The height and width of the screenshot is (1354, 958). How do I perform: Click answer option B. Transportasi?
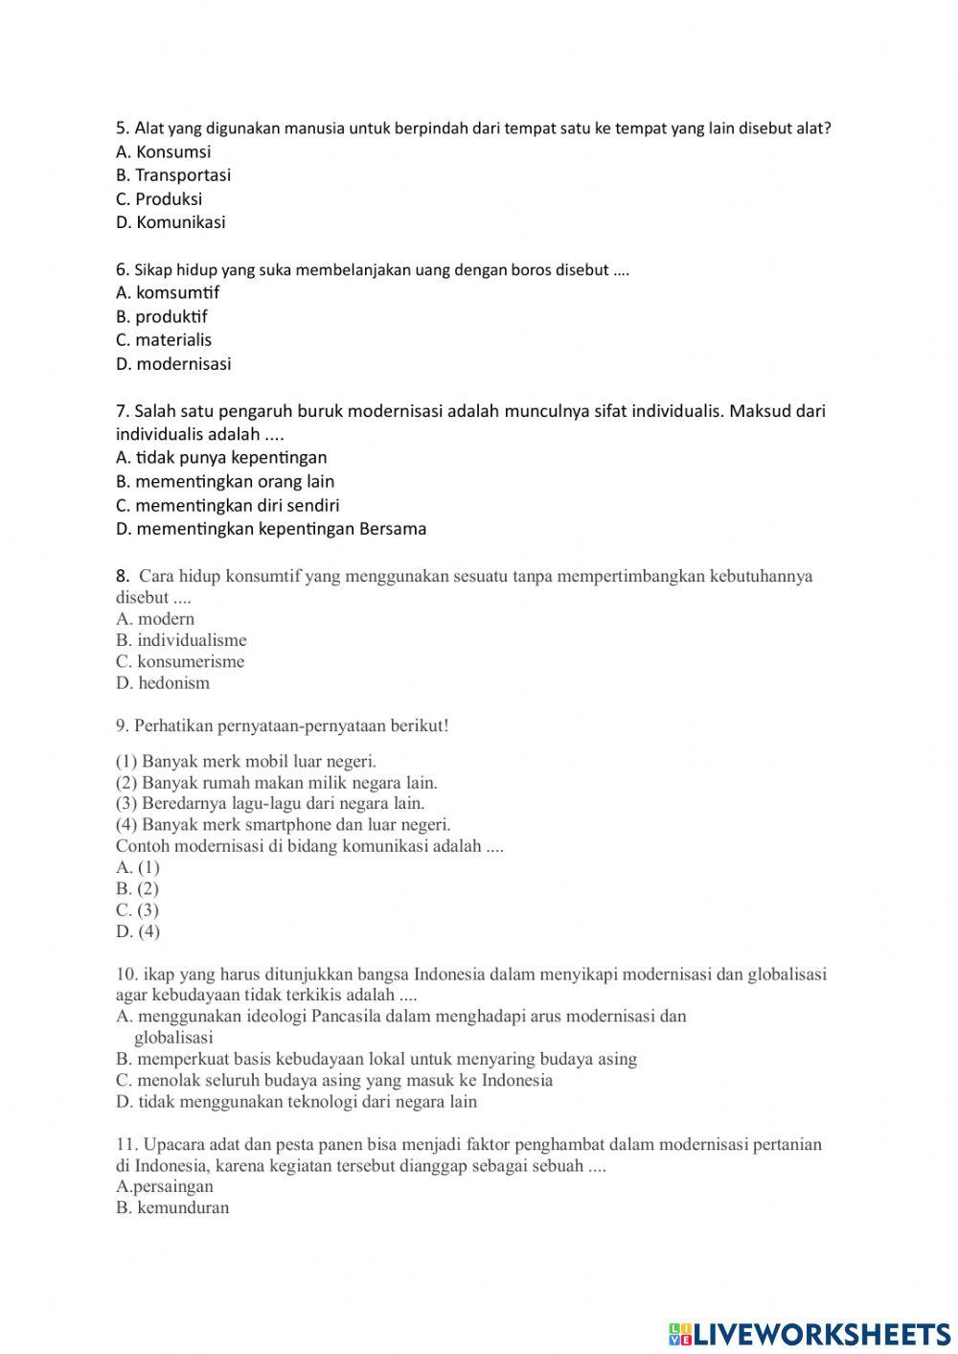coord(173,175)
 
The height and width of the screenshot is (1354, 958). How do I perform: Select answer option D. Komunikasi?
coord(171,222)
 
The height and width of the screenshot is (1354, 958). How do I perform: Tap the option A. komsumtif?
coord(168,293)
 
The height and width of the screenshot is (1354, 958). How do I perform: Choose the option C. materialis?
coord(164,340)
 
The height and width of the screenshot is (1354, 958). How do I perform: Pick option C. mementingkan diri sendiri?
coord(228,506)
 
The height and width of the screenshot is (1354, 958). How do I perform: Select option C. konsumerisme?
coord(180,662)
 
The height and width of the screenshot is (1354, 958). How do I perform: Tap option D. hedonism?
coord(163,683)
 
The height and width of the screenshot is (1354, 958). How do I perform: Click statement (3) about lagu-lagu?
coord(270,804)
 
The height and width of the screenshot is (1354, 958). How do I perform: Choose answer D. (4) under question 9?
coord(138,931)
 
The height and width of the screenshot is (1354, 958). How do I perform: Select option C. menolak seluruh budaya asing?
coord(334,1081)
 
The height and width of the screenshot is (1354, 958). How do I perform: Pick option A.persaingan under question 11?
coord(165,1187)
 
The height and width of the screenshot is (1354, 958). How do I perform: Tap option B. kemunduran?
coord(172,1208)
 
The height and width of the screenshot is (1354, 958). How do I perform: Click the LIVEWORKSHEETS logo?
coord(810,1334)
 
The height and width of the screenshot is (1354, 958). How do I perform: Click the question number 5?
coord(122,128)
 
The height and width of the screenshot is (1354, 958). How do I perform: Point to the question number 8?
coord(122,577)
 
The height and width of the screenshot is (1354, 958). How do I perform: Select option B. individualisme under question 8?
coord(181,641)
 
